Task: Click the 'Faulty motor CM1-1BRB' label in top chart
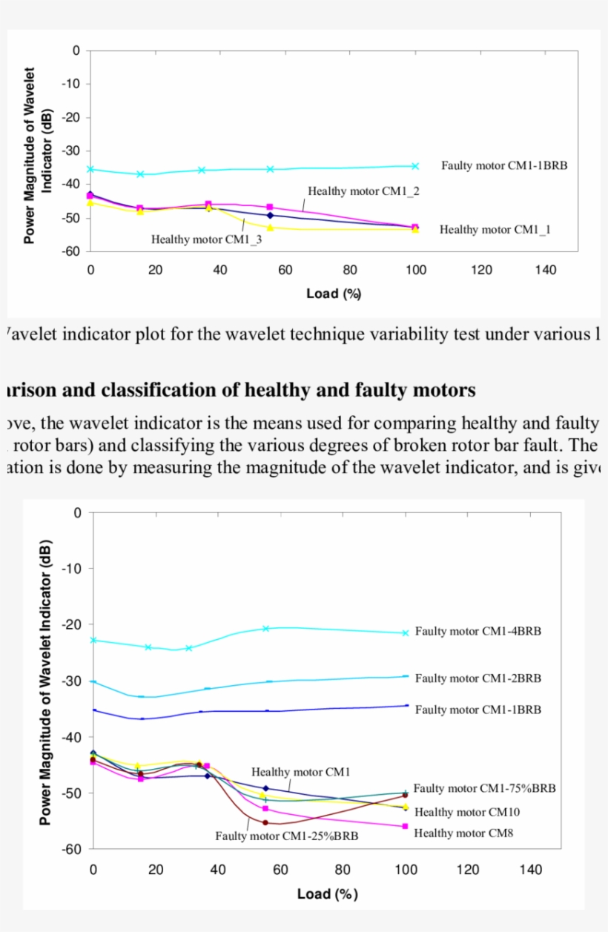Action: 504,166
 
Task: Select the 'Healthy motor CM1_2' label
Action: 364,191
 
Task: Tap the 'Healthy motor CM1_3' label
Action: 206,239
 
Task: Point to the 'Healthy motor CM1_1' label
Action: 495,230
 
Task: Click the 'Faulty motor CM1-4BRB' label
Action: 478,632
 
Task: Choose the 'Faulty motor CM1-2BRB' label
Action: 478,678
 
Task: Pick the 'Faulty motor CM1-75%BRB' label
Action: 484,789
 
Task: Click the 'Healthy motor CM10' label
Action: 467,812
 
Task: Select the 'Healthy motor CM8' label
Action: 463,833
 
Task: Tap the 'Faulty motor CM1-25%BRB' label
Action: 287,836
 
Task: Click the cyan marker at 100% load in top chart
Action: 415,166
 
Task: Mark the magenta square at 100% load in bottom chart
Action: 405,826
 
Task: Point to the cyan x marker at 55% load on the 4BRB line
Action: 265,629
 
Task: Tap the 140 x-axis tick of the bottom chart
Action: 530,870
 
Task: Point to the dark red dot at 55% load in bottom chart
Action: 265,822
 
